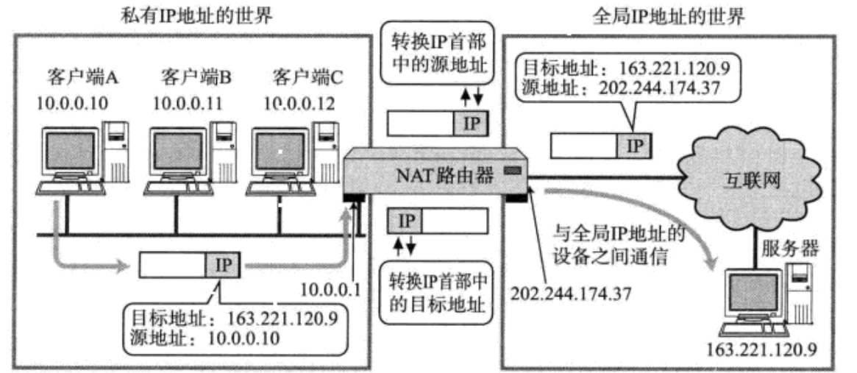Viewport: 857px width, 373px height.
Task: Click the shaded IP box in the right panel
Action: [634, 146]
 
